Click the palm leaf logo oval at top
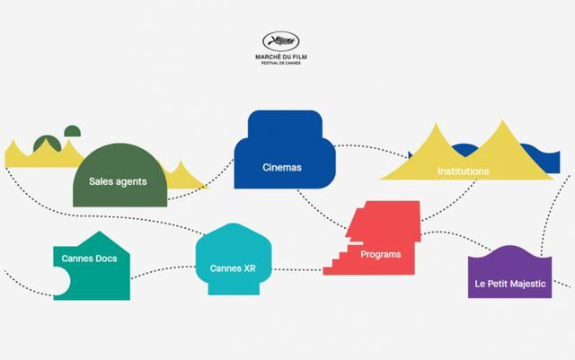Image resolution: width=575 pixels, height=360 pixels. click(281, 41)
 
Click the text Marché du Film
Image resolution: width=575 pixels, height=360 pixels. click(281, 57)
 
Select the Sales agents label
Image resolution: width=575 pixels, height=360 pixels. click(118, 181)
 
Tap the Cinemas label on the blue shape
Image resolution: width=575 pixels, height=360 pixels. click(282, 167)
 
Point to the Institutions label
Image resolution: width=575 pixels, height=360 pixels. click(464, 171)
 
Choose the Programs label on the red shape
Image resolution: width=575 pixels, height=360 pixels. click(381, 254)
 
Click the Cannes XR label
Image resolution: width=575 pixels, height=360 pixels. click(233, 268)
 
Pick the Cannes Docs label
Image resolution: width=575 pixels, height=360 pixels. click(89, 259)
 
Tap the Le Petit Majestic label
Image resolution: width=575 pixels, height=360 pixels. click(510, 284)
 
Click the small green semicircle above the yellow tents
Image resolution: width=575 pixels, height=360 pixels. click(72, 132)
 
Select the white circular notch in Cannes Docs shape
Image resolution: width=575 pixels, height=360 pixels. click(61, 281)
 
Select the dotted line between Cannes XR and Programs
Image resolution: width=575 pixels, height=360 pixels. click(297, 270)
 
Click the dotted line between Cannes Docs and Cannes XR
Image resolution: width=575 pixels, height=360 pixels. click(163, 270)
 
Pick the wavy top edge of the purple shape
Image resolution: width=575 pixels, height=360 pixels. click(509, 251)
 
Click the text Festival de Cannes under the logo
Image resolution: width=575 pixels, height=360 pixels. click(281, 63)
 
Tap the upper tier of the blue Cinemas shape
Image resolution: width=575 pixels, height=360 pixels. click(285, 124)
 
